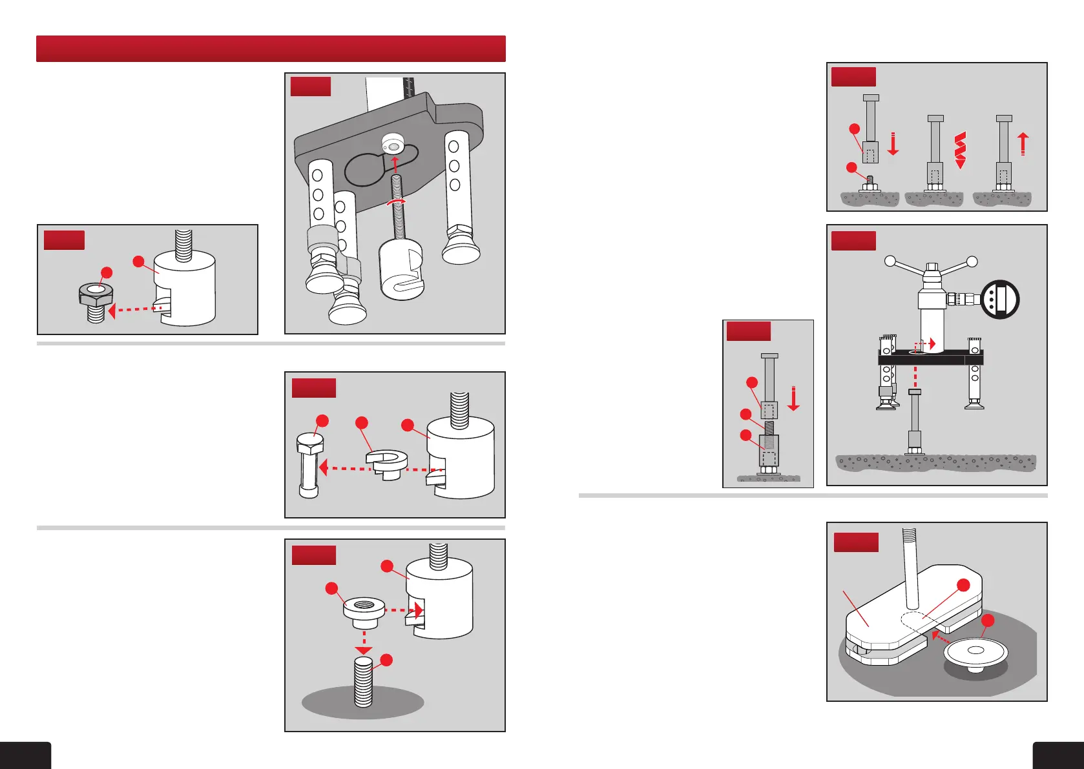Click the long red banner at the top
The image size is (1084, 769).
[271, 48]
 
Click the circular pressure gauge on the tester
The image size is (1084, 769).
[999, 300]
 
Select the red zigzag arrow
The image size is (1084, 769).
[960, 150]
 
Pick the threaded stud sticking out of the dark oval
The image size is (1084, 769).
[364, 681]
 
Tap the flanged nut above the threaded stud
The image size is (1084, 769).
[364, 610]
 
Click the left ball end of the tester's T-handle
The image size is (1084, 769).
[890, 261]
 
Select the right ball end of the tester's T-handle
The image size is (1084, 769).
[972, 261]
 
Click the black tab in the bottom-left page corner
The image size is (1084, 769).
[25, 755]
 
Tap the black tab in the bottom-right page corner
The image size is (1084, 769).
[1058, 755]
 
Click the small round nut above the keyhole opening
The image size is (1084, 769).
[393, 143]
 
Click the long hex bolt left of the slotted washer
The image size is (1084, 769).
[309, 465]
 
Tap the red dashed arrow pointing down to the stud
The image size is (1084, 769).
[364, 642]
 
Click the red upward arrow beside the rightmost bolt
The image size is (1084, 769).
[1023, 143]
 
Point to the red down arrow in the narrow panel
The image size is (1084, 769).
[793, 398]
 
